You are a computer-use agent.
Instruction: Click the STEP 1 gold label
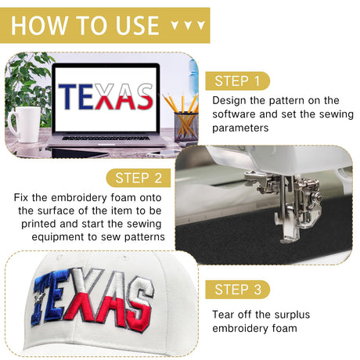237,81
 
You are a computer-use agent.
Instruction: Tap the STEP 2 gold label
139,178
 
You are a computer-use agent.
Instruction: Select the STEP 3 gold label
237,290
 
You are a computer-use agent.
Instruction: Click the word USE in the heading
137,25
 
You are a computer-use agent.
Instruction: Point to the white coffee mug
24,124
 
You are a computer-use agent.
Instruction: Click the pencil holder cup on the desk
186,127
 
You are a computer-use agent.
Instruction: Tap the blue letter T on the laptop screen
67,96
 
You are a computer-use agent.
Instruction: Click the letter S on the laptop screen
144,96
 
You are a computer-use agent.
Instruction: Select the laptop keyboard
106,138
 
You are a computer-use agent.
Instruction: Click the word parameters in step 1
240,128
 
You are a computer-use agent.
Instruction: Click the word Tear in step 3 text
221,315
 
